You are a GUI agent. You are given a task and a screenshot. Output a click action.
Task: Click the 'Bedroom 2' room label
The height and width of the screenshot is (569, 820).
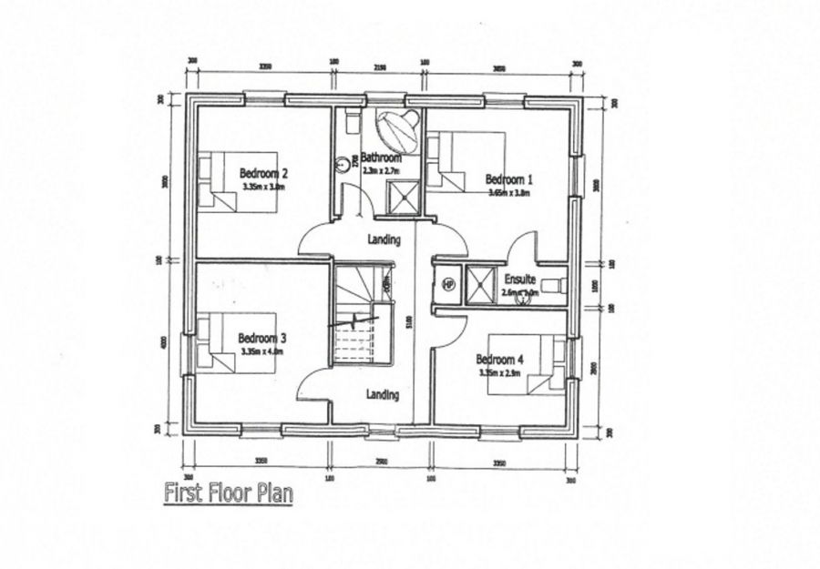(263, 173)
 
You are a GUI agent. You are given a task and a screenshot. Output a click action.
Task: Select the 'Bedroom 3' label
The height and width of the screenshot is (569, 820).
(262, 337)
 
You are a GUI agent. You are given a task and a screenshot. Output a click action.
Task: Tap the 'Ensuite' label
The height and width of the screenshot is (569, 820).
(518, 280)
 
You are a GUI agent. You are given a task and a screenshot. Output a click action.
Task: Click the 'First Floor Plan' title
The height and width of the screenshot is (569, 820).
(228, 494)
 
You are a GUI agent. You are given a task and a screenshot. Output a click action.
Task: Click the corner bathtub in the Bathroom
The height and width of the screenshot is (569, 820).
(397, 130)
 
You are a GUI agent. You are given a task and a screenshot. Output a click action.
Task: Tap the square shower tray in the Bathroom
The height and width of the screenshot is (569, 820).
(401, 197)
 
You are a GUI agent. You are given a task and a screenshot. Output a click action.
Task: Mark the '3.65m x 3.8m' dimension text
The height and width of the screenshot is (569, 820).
(507, 192)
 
